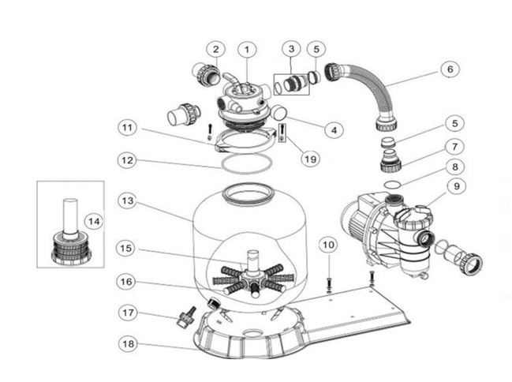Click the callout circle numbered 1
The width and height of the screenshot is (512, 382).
point(248,49)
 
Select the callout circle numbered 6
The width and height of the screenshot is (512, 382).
point(450,69)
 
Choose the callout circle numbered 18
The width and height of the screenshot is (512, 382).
point(128,343)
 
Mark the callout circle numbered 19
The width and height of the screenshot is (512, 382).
point(310,158)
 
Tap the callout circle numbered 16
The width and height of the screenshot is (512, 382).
point(128,280)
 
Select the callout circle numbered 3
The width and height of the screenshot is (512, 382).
point(293,49)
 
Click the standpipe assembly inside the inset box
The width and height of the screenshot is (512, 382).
point(70,234)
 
